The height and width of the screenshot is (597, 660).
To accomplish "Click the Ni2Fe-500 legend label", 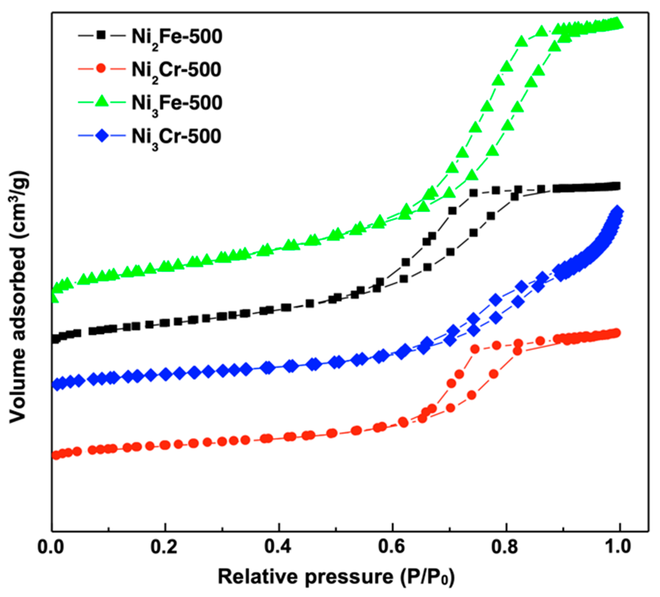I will click(x=177, y=37).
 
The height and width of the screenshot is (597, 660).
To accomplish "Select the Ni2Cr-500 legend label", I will click(x=176, y=70).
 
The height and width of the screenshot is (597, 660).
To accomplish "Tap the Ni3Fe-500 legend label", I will click(x=177, y=103).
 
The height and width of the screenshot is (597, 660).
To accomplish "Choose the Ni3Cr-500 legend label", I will click(x=176, y=137).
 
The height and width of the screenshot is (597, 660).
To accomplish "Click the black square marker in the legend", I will click(x=101, y=35).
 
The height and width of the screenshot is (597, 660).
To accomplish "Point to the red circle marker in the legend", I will click(x=101, y=68).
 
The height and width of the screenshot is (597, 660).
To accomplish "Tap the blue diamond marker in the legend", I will click(x=101, y=136).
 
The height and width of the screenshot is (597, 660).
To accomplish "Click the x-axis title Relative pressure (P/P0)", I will click(x=336, y=577).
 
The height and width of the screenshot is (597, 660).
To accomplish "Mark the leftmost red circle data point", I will click(x=55, y=455).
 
